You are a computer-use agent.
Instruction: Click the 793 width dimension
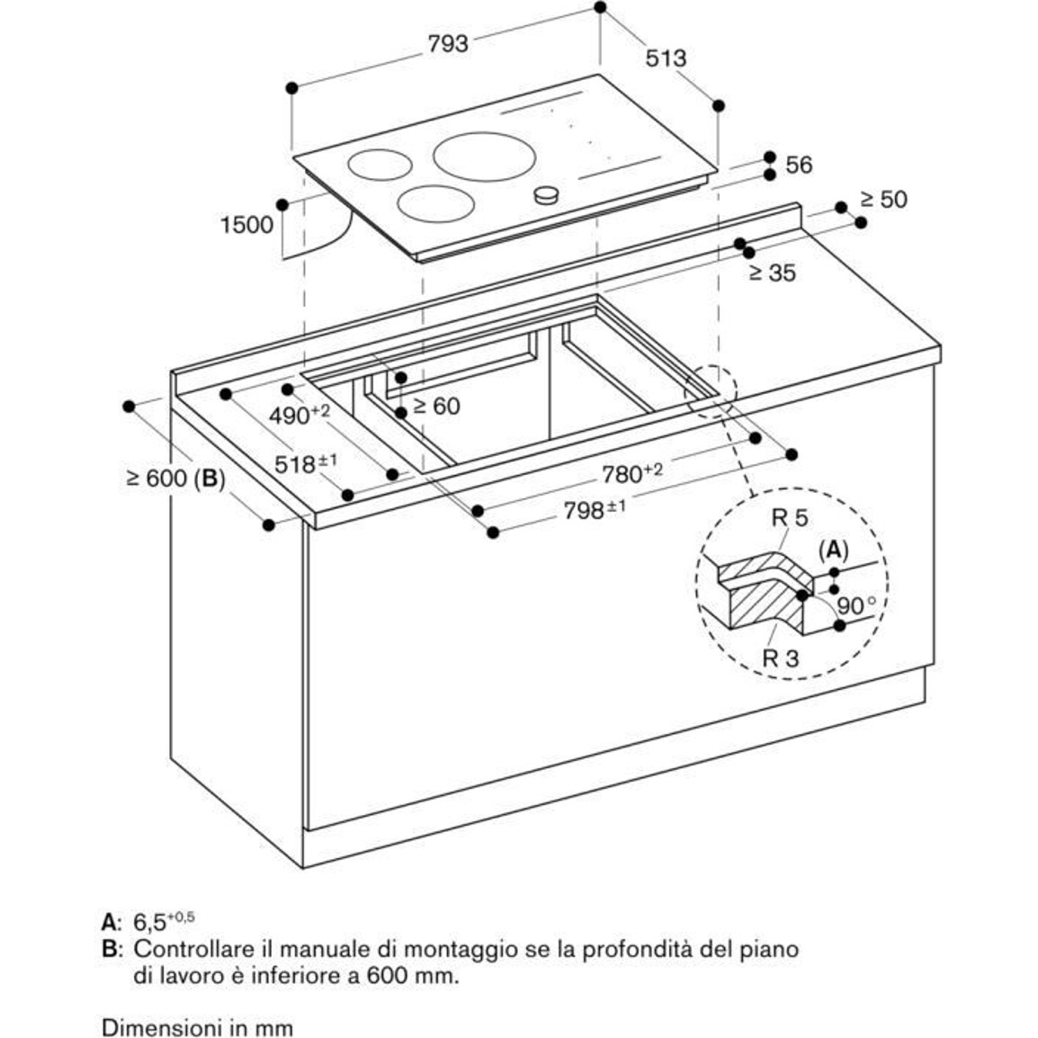(x=448, y=44)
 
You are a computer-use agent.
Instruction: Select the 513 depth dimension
(x=666, y=59)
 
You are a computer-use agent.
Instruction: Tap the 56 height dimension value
(x=799, y=165)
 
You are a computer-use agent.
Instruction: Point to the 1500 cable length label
(x=246, y=225)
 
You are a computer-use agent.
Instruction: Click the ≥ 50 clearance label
(x=884, y=200)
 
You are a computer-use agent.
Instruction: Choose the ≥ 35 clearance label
(x=772, y=273)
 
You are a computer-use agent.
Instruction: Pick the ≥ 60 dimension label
(x=436, y=406)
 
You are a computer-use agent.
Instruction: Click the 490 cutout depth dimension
(x=300, y=415)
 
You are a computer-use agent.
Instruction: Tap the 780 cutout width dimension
(x=632, y=472)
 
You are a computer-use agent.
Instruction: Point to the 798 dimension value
(x=595, y=510)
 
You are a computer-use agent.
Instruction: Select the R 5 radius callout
(x=790, y=518)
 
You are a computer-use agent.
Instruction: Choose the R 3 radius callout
(x=781, y=658)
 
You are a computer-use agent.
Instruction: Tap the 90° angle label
(x=857, y=605)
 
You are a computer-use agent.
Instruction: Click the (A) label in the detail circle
(x=834, y=550)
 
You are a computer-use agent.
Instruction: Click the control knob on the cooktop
(x=547, y=194)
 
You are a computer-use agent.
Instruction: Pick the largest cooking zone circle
(x=485, y=157)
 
